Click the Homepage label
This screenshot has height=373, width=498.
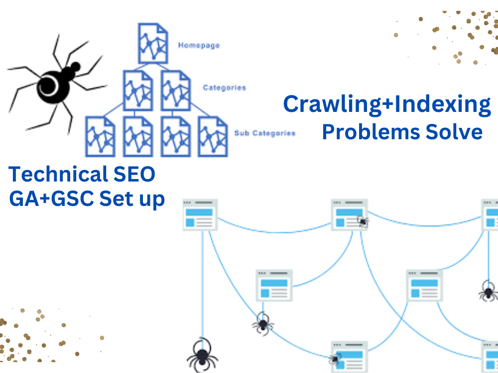point(199,46)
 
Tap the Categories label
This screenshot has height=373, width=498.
point(224,88)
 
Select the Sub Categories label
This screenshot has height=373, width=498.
point(265,133)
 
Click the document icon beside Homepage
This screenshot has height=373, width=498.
point(153,43)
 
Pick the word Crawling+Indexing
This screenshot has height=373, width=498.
point(387,104)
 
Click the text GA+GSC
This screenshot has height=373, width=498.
point(51,199)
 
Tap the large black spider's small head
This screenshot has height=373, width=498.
point(75,67)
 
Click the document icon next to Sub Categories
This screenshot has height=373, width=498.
point(213,136)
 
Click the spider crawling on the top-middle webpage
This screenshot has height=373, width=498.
point(363,221)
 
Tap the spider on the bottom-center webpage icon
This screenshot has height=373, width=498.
point(335,359)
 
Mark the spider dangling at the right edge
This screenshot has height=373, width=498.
point(489,291)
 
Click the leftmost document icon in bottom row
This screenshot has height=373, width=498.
point(100,136)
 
